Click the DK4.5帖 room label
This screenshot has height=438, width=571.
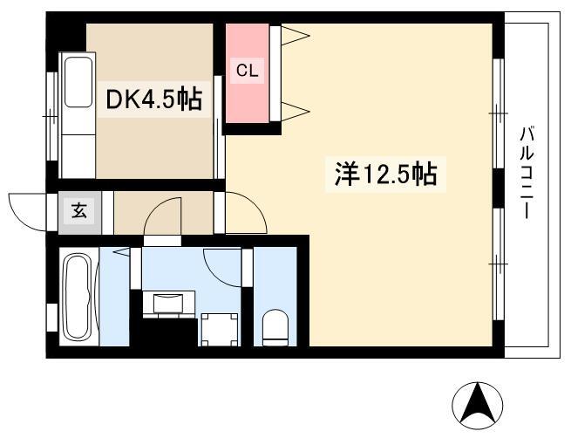[153, 99]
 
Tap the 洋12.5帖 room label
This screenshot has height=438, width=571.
[385, 174]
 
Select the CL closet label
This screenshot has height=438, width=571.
[248, 70]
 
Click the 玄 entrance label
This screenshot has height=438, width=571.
[79, 210]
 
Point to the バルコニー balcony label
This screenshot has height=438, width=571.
[527, 173]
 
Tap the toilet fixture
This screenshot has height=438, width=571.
[275, 327]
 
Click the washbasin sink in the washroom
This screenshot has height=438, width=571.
[168, 304]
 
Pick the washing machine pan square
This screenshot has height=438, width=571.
[220, 330]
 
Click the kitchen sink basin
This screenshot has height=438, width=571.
[78, 82]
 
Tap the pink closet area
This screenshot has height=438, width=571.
[248, 73]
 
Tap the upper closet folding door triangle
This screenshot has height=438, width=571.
[296, 36]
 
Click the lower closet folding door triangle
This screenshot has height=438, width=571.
[296, 111]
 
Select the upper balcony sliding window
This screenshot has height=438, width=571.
[498, 113]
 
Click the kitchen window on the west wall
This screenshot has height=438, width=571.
[52, 116]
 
